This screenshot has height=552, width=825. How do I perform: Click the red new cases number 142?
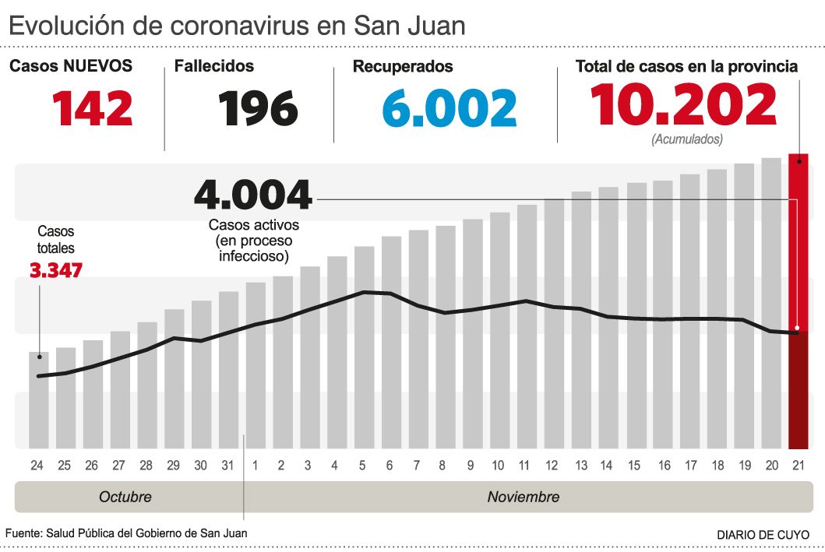pos(93,108)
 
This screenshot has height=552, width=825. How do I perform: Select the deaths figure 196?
pos(258,108)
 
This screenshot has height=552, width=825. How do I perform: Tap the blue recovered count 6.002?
pos(450,108)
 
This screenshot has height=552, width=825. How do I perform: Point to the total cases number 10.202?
pos(684,105)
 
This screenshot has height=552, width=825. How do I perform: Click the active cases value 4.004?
pos(253,195)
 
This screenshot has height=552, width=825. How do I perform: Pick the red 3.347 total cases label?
pos(55,271)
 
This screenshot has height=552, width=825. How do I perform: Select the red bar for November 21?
pos(798,304)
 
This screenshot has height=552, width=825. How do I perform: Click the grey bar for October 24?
pos(39,400)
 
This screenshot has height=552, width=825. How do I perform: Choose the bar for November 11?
pos(527,327)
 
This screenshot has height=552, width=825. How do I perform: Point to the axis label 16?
pos(663,466)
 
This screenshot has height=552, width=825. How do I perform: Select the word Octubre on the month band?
pos(125,497)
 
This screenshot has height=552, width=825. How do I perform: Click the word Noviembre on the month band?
pos(524,497)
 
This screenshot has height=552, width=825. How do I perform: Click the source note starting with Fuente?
pos(126,533)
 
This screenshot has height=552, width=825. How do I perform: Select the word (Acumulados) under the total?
pos(686,140)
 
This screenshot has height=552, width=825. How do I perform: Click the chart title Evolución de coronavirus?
pos(237,25)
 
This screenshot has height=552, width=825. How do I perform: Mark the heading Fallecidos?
pos(214,66)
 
